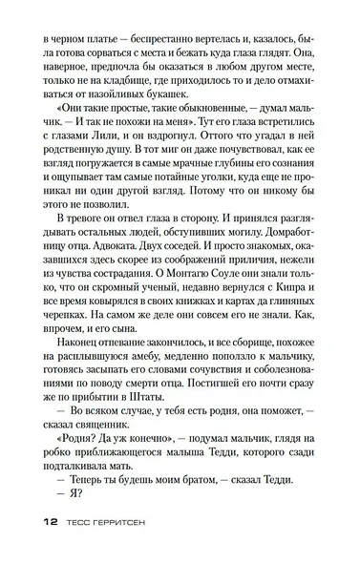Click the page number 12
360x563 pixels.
50,523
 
